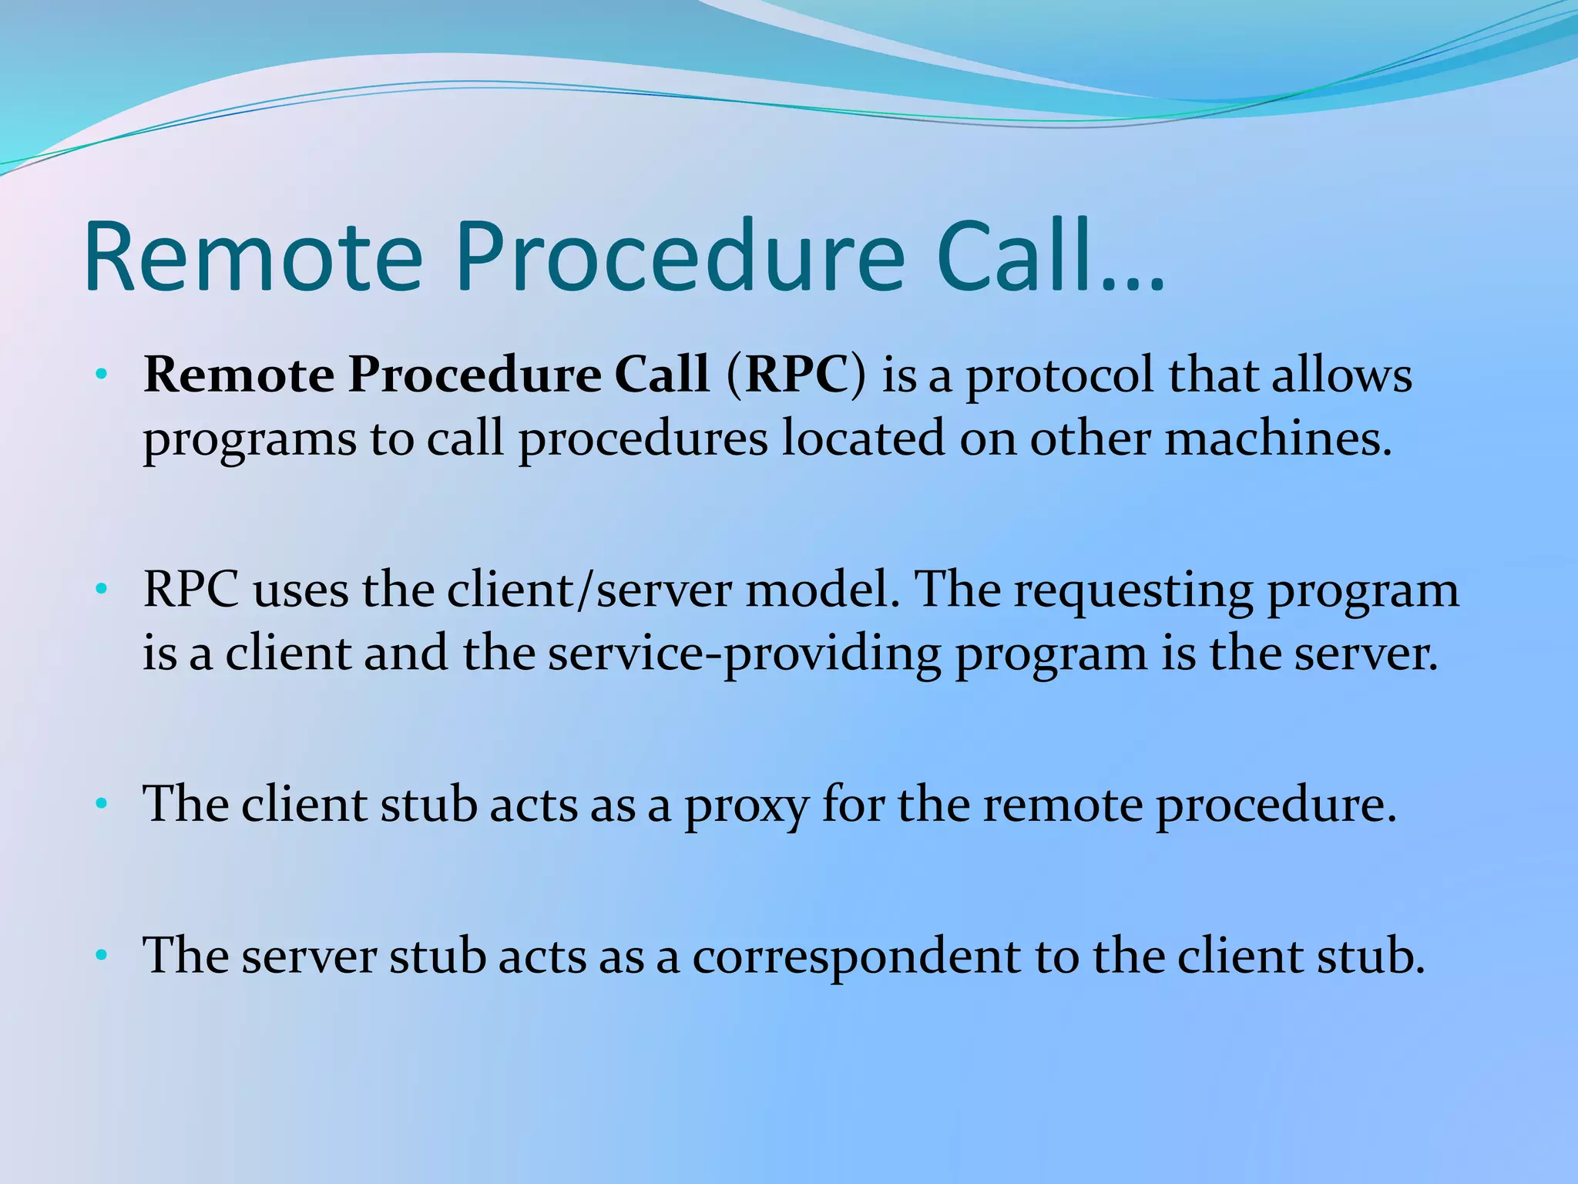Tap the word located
pyautogui.click(x=863, y=438)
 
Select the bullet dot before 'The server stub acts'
pyautogui.click(x=100, y=957)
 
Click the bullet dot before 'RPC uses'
pyautogui.click(x=100, y=590)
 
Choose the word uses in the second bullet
pyautogui.click(x=300, y=592)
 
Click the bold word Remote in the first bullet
pyautogui.click(x=239, y=375)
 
